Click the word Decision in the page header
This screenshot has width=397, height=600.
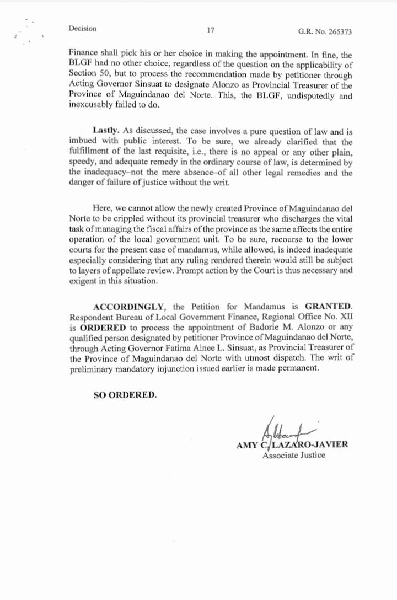83,29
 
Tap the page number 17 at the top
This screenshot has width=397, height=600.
210,30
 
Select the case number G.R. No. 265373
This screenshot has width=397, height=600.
325,32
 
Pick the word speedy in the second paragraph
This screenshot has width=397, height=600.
83,164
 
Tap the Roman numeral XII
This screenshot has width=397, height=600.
346,316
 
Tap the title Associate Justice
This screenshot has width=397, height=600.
294,456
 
